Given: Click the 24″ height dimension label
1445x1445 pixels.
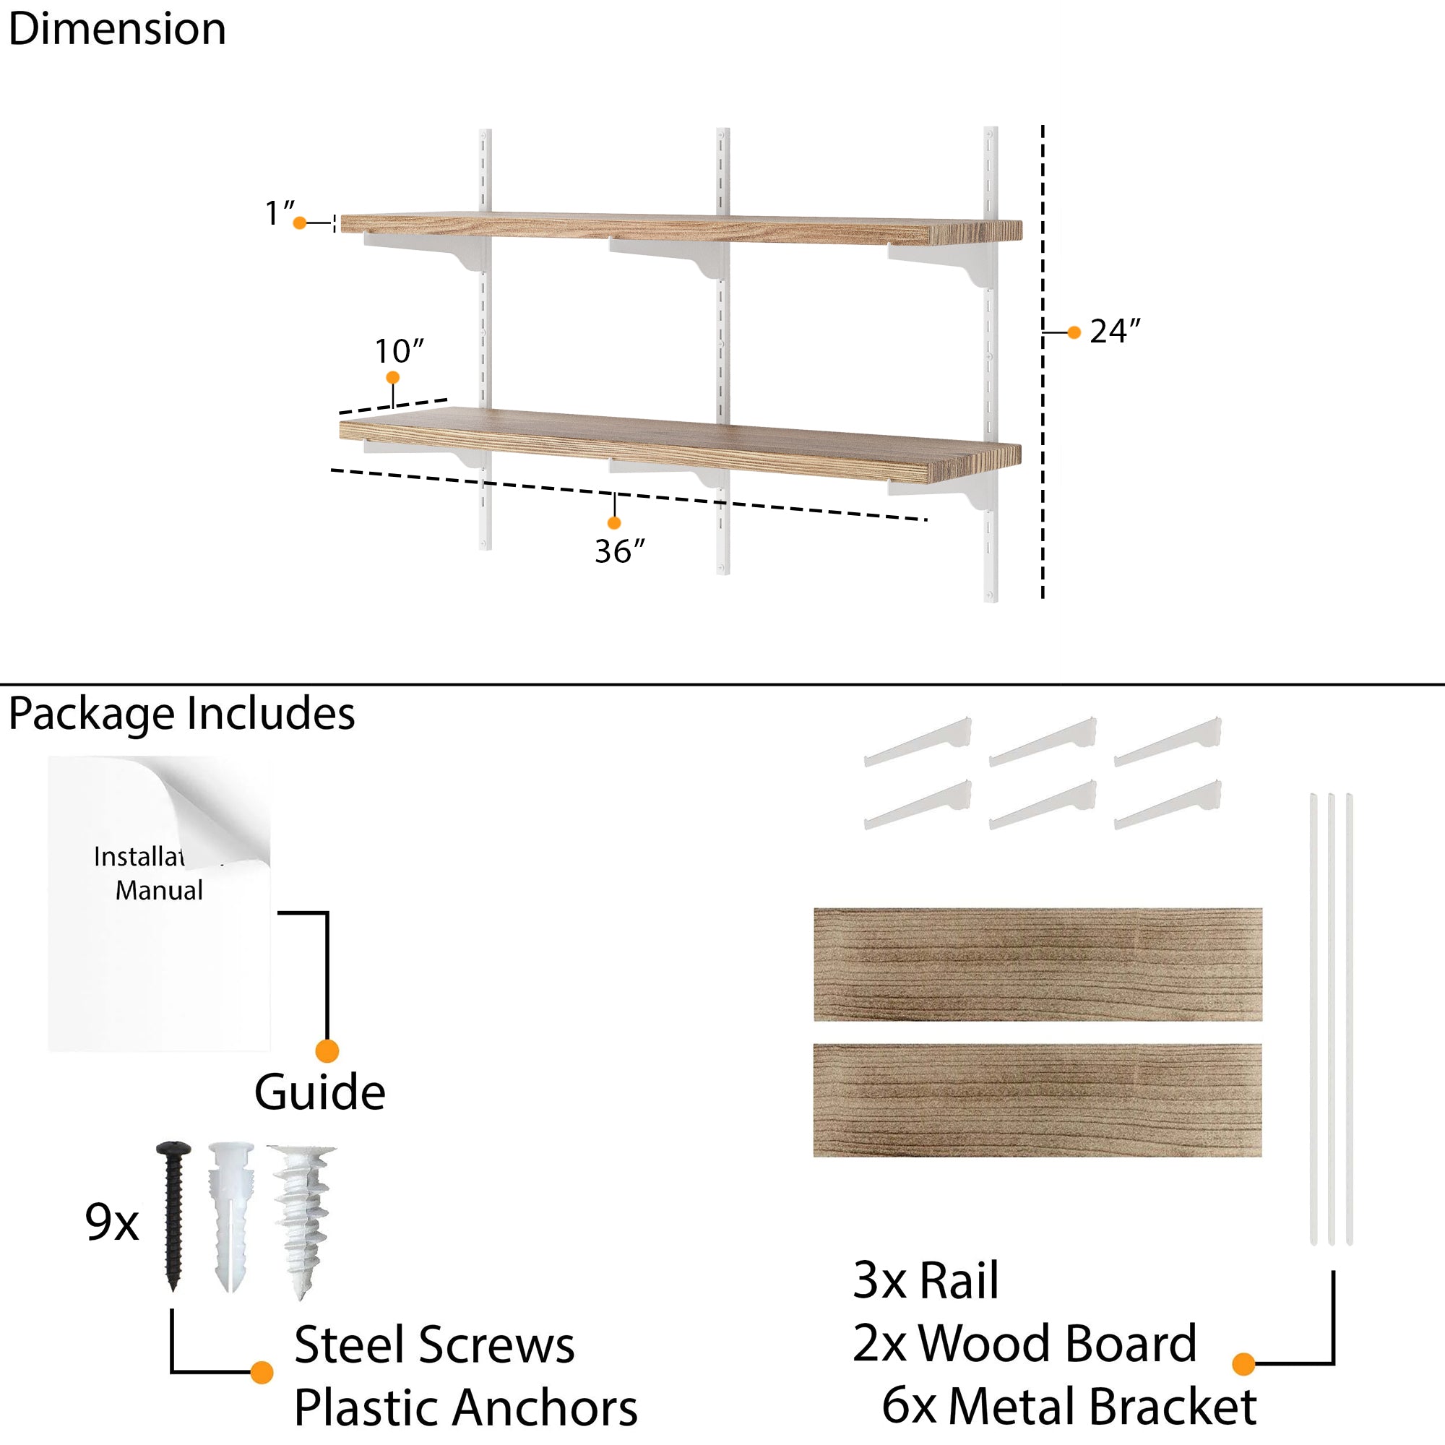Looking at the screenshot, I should point(1114,332).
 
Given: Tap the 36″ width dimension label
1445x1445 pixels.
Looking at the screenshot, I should point(619,551).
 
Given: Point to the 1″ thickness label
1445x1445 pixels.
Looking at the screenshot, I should point(280,213).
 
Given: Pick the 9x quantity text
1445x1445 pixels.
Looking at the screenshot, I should point(111,1222).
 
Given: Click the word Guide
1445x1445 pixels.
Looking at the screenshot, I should point(319,1092).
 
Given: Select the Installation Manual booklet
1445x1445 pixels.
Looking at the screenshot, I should point(159,904).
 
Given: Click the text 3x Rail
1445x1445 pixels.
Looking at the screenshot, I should point(926,1280).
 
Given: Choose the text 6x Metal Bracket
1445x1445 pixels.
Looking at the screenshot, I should point(1069,1406).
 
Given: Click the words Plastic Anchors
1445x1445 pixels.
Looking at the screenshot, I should point(465,1407).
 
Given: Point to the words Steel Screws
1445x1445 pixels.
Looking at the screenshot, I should point(433,1345).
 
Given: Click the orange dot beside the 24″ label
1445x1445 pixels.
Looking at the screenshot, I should point(1074,332).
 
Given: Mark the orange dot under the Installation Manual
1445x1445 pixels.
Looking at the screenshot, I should point(327,1051).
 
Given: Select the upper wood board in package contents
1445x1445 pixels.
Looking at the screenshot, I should point(1038,965).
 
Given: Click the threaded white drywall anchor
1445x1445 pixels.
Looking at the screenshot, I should point(303,1219).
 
